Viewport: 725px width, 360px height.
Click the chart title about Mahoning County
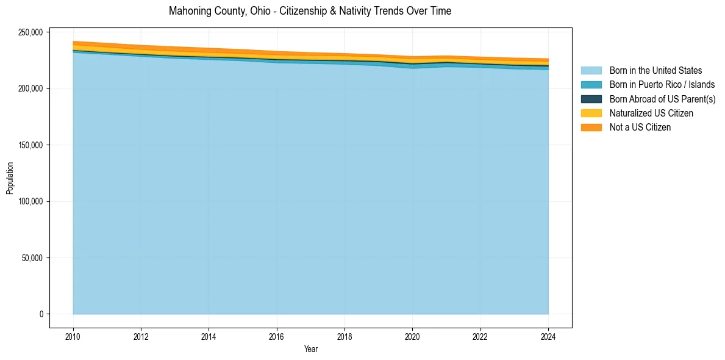tap(310, 11)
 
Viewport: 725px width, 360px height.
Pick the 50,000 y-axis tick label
tap(32, 258)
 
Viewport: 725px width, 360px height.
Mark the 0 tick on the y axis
tap(41, 314)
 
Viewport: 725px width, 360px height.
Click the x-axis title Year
tap(310, 350)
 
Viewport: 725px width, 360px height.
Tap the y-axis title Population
tap(10, 178)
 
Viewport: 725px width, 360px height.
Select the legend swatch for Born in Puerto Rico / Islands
tap(591, 85)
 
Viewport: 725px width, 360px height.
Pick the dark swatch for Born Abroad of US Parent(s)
tap(591, 99)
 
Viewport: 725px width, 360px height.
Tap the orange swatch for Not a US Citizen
tap(591, 128)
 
